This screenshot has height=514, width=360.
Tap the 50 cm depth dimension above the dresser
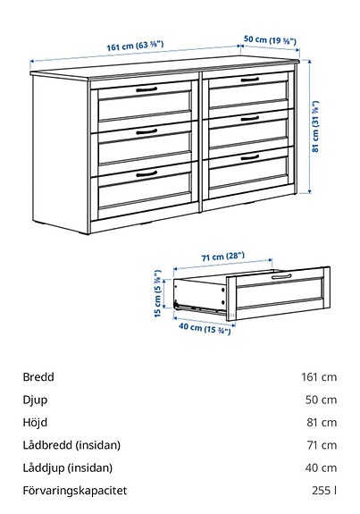point(270,40)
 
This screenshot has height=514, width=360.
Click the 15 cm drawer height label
point(157,295)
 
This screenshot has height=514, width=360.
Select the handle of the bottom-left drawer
point(143,173)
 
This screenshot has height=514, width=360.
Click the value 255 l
point(325,491)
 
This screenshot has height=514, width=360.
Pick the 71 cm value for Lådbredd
point(322,445)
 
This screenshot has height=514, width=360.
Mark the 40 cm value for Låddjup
point(322,468)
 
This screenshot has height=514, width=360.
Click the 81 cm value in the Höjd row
point(322,422)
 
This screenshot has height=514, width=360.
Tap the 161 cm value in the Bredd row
point(319,377)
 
